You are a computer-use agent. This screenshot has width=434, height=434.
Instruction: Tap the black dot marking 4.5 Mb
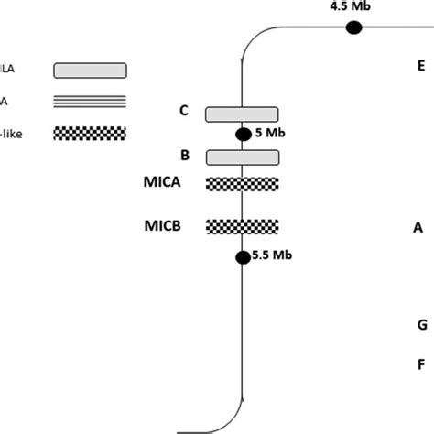pos(353,28)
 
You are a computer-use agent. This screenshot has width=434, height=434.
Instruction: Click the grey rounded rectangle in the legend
pos(91,71)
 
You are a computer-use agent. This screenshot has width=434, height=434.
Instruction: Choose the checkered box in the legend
pos(91,133)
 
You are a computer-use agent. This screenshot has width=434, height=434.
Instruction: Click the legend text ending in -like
pos(11,133)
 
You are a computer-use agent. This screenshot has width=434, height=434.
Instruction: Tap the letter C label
pos(183,111)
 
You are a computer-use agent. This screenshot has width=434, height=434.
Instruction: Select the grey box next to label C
pos(242,114)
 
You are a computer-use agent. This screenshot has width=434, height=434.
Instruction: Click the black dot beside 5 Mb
pos(244,135)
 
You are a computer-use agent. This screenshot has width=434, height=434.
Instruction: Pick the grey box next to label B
pos(242,157)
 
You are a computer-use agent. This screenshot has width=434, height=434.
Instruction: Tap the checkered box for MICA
pos(242,183)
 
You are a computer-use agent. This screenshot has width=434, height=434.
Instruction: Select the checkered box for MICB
pos(242,226)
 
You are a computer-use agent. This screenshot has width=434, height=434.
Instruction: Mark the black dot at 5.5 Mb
pos(243,257)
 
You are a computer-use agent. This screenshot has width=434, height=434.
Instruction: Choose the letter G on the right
pos(421,325)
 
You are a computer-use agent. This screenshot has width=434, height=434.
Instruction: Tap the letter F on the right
pos(421,363)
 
